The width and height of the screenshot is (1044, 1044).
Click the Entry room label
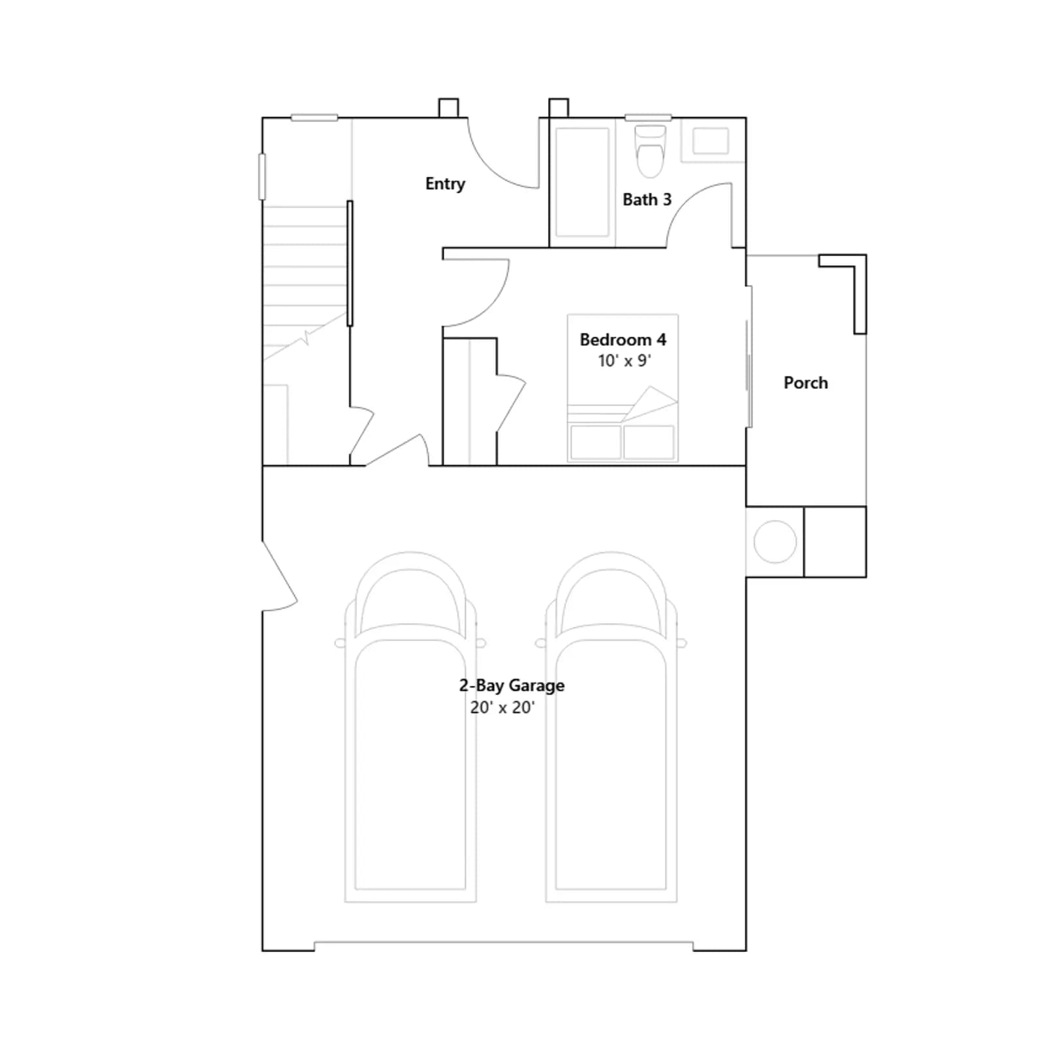445,184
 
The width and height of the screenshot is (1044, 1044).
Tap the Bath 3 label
647,200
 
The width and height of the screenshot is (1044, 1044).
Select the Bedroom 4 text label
623,340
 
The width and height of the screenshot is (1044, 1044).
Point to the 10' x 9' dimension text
624,361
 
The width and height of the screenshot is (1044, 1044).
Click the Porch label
806,383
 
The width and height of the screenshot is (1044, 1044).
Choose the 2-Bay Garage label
512,686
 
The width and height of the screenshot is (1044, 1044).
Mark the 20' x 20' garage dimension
502,707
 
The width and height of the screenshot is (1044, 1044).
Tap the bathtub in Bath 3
582,182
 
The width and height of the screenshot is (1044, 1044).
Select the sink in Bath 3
711,141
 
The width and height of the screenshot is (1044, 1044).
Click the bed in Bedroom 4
622,388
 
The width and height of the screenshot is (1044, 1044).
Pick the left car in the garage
410,728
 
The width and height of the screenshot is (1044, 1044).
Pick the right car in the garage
611,728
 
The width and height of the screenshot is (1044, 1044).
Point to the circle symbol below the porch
775,542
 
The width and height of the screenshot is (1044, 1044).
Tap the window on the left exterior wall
262,176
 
